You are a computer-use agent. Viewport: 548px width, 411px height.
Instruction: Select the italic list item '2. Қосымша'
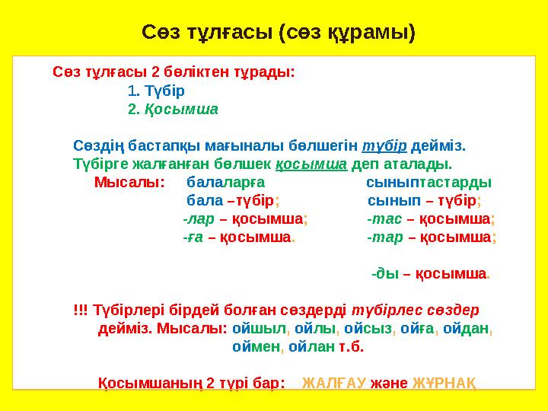tap(174, 109)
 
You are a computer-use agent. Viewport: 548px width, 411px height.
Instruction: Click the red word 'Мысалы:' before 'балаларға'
tap(129, 183)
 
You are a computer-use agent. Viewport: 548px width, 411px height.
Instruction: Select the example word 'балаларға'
tap(226, 183)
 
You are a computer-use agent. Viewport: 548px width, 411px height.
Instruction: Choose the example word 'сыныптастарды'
tap(429, 183)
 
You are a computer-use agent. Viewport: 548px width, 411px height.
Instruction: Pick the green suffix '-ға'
tap(193, 237)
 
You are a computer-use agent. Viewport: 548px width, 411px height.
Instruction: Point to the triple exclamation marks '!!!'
tap(80, 311)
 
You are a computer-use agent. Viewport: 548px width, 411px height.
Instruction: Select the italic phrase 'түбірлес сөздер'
tap(414, 311)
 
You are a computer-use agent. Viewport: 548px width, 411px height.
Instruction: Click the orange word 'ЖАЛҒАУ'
tap(334, 383)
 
